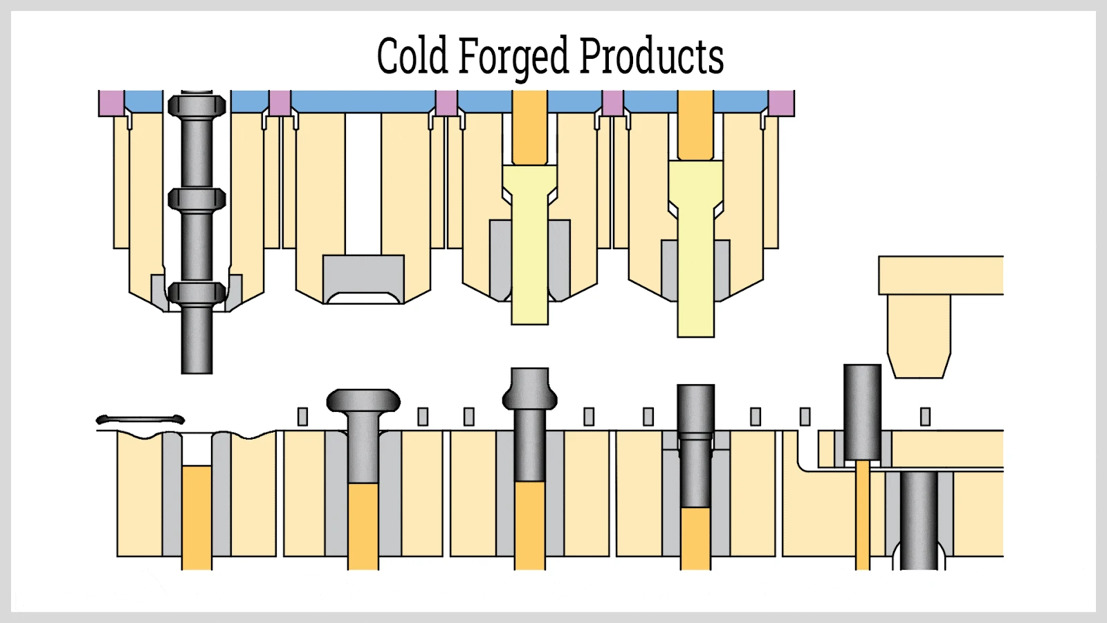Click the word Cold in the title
(412, 56)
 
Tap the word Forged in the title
(513, 57)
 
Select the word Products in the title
(651, 56)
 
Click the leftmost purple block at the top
(111, 103)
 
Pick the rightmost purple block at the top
(782, 103)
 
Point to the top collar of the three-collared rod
(197, 107)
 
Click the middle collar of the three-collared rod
(197, 199)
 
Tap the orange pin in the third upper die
(529, 128)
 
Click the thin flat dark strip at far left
(140, 419)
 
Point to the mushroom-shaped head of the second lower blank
(363, 401)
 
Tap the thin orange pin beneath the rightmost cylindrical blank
(862, 516)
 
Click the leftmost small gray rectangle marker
(302, 417)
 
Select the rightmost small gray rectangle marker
(925, 417)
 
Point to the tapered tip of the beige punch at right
(919, 363)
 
